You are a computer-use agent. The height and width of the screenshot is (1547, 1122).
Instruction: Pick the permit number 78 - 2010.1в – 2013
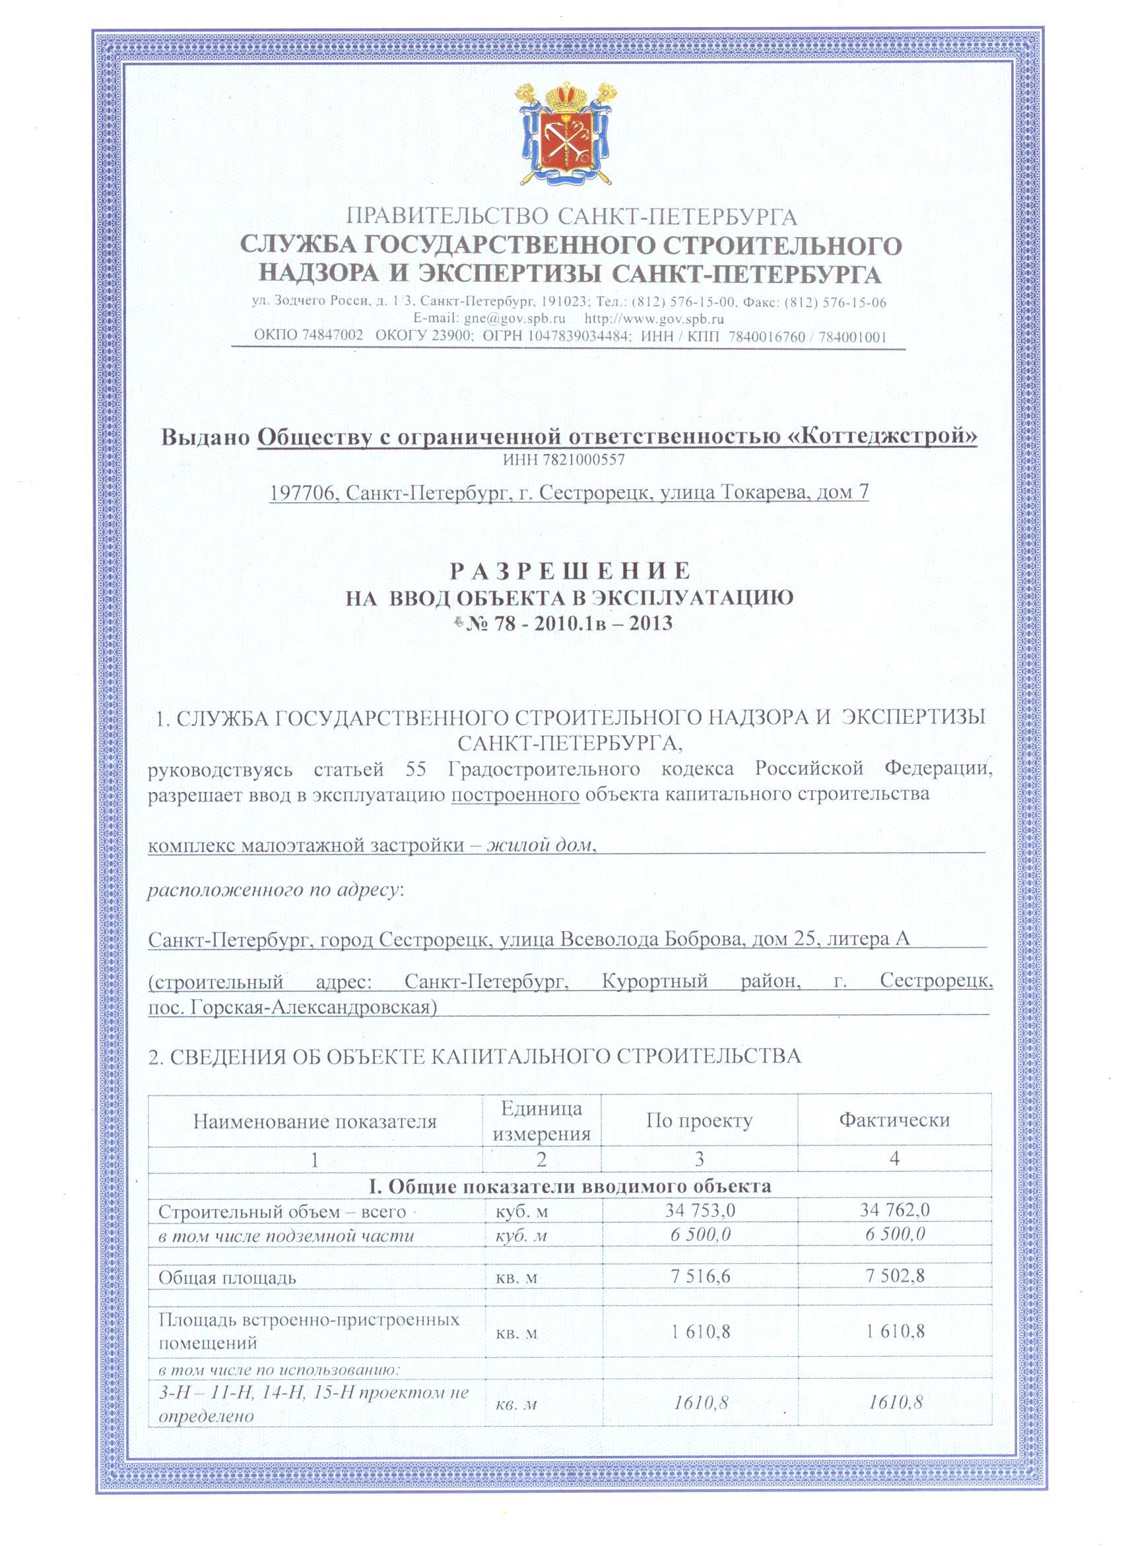point(568,623)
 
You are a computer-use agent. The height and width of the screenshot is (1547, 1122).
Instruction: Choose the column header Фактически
point(894,1120)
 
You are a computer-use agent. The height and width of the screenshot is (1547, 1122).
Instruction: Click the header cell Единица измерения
point(542,1121)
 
